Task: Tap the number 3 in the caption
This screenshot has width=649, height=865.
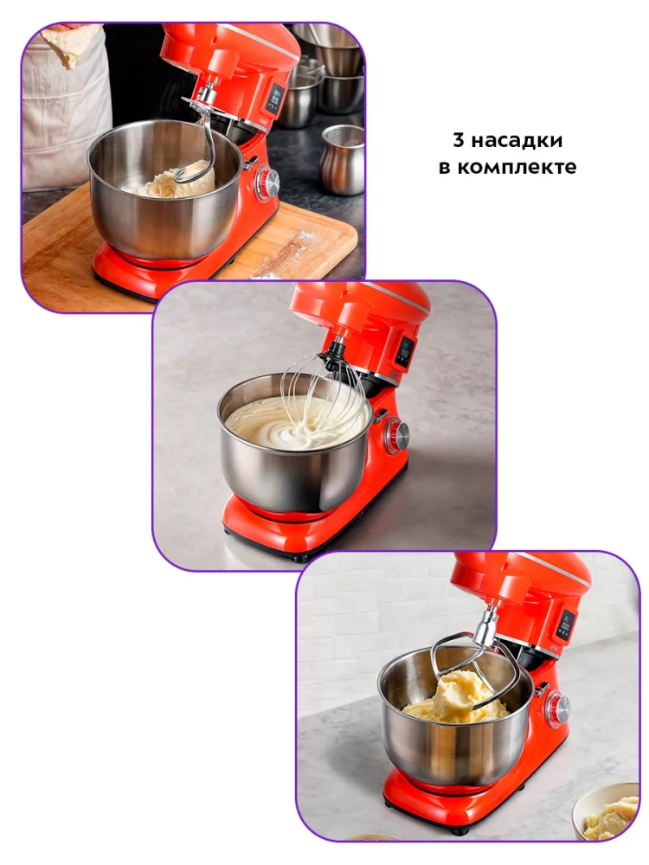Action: click(x=458, y=140)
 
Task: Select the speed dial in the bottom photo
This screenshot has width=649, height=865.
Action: click(x=558, y=708)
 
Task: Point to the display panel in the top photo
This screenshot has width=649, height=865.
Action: click(x=277, y=97)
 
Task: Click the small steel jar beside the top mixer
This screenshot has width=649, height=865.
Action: click(x=342, y=159)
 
